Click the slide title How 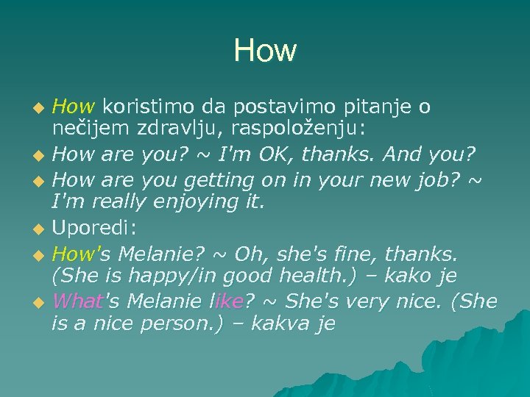[265, 51]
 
